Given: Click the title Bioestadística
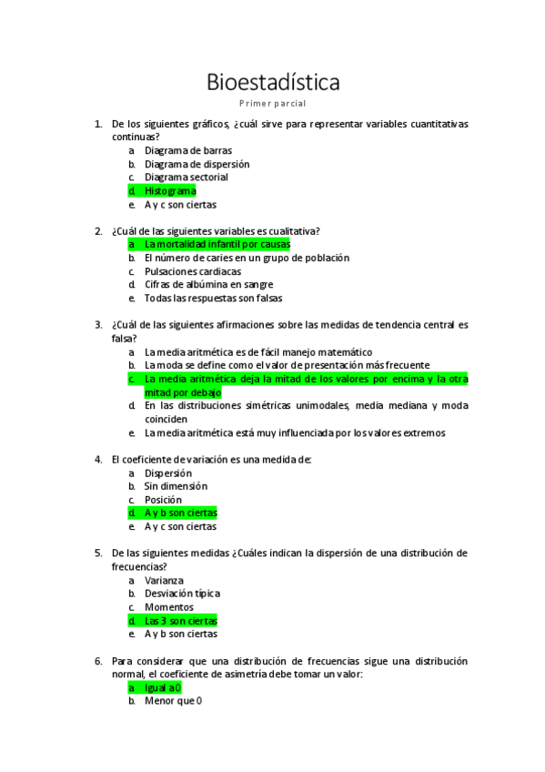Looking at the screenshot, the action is tap(273, 83).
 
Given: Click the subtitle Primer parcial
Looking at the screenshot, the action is tap(273, 104).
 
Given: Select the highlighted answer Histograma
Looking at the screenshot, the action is tap(170, 191).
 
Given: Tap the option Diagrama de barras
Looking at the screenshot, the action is tap(187, 151).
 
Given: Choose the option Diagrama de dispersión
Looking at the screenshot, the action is tap(197, 165).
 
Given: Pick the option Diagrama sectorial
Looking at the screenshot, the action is tap(186, 178).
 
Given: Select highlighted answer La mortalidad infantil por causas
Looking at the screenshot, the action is tap(217, 245).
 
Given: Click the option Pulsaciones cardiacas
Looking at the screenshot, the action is tap(193, 271).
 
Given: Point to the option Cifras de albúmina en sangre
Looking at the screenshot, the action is tap(209, 285).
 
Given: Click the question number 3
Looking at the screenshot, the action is tap(98, 324).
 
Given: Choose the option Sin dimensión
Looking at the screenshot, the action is tap(176, 486).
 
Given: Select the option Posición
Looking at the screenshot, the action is tap(163, 500).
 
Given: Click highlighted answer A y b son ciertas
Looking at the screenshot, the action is tap(180, 513).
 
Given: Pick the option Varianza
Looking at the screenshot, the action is tap(164, 580).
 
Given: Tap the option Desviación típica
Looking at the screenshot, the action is tap(182, 594).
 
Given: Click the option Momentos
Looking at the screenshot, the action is tap(168, 607).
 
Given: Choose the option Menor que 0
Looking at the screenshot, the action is tap(173, 702).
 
